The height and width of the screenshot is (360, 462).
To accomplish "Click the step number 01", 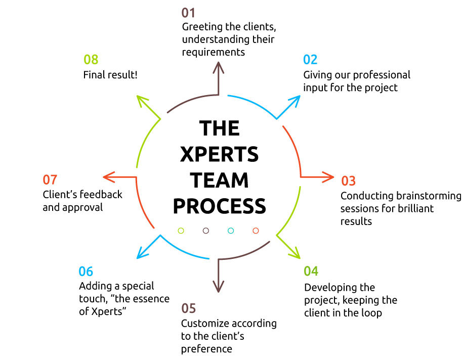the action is pyautogui.click(x=188, y=13).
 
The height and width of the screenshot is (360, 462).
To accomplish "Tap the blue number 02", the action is pyautogui.click(x=310, y=60).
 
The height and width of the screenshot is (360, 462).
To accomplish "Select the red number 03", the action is pyautogui.click(x=348, y=181).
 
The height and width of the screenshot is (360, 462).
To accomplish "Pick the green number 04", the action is pyautogui.click(x=311, y=271).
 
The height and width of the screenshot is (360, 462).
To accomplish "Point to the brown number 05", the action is pyautogui.click(x=189, y=308).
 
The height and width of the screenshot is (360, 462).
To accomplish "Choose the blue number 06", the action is pyautogui.click(x=86, y=272).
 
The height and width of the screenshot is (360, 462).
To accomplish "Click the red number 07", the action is pyautogui.click(x=50, y=179).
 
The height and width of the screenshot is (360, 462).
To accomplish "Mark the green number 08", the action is pyautogui.click(x=91, y=60).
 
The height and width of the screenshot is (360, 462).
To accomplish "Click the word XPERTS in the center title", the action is pyautogui.click(x=219, y=154).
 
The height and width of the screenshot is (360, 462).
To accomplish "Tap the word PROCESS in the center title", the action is pyautogui.click(x=220, y=206).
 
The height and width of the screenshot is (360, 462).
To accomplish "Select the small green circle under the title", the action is pyautogui.click(x=181, y=231).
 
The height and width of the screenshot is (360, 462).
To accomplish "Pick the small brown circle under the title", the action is pyautogui.click(x=206, y=231).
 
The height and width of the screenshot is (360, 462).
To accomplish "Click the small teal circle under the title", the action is pyautogui.click(x=231, y=231).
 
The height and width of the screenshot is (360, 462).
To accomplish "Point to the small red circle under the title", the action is pyautogui.click(x=256, y=231).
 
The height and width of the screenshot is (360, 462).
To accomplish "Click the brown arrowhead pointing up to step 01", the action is pyautogui.click(x=218, y=66).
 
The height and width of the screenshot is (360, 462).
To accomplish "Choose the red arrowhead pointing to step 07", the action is pyautogui.click(x=108, y=177).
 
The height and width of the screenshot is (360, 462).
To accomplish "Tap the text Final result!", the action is pyautogui.click(x=110, y=75).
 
